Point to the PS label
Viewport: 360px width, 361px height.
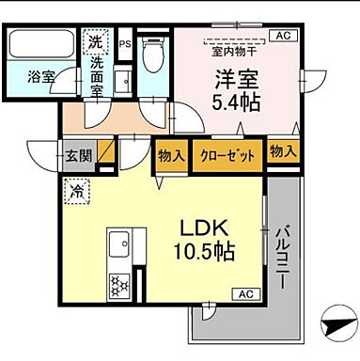click(x=125, y=42)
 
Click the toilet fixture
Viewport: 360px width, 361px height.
click(x=153, y=56)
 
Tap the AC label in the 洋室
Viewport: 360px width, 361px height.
click(x=279, y=36)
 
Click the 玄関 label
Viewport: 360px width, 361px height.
click(x=78, y=154)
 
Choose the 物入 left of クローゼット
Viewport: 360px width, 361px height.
click(x=170, y=154)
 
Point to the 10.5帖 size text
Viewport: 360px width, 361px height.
click(x=203, y=254)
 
